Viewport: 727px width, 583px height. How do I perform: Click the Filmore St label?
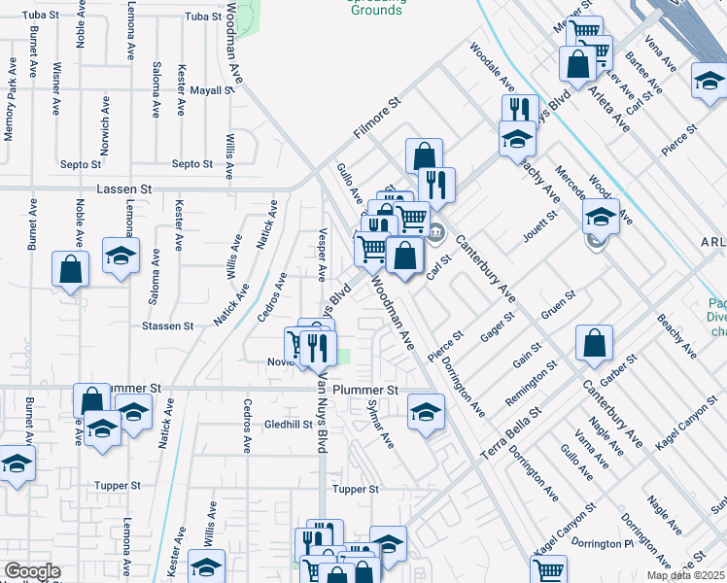click(x=377, y=118)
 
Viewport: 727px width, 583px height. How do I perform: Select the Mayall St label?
click(x=213, y=90)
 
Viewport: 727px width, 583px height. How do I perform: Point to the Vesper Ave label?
click(x=322, y=255)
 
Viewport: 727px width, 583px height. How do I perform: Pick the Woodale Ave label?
click(x=491, y=61)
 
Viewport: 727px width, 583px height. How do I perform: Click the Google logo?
click(x=32, y=571)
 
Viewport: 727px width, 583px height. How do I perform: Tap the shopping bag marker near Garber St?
click(x=593, y=342)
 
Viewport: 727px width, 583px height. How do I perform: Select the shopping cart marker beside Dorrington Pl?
click(x=549, y=570)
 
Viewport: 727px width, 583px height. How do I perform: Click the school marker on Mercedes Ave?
click(x=602, y=219)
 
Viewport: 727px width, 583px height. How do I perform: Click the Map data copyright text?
click(x=685, y=575)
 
